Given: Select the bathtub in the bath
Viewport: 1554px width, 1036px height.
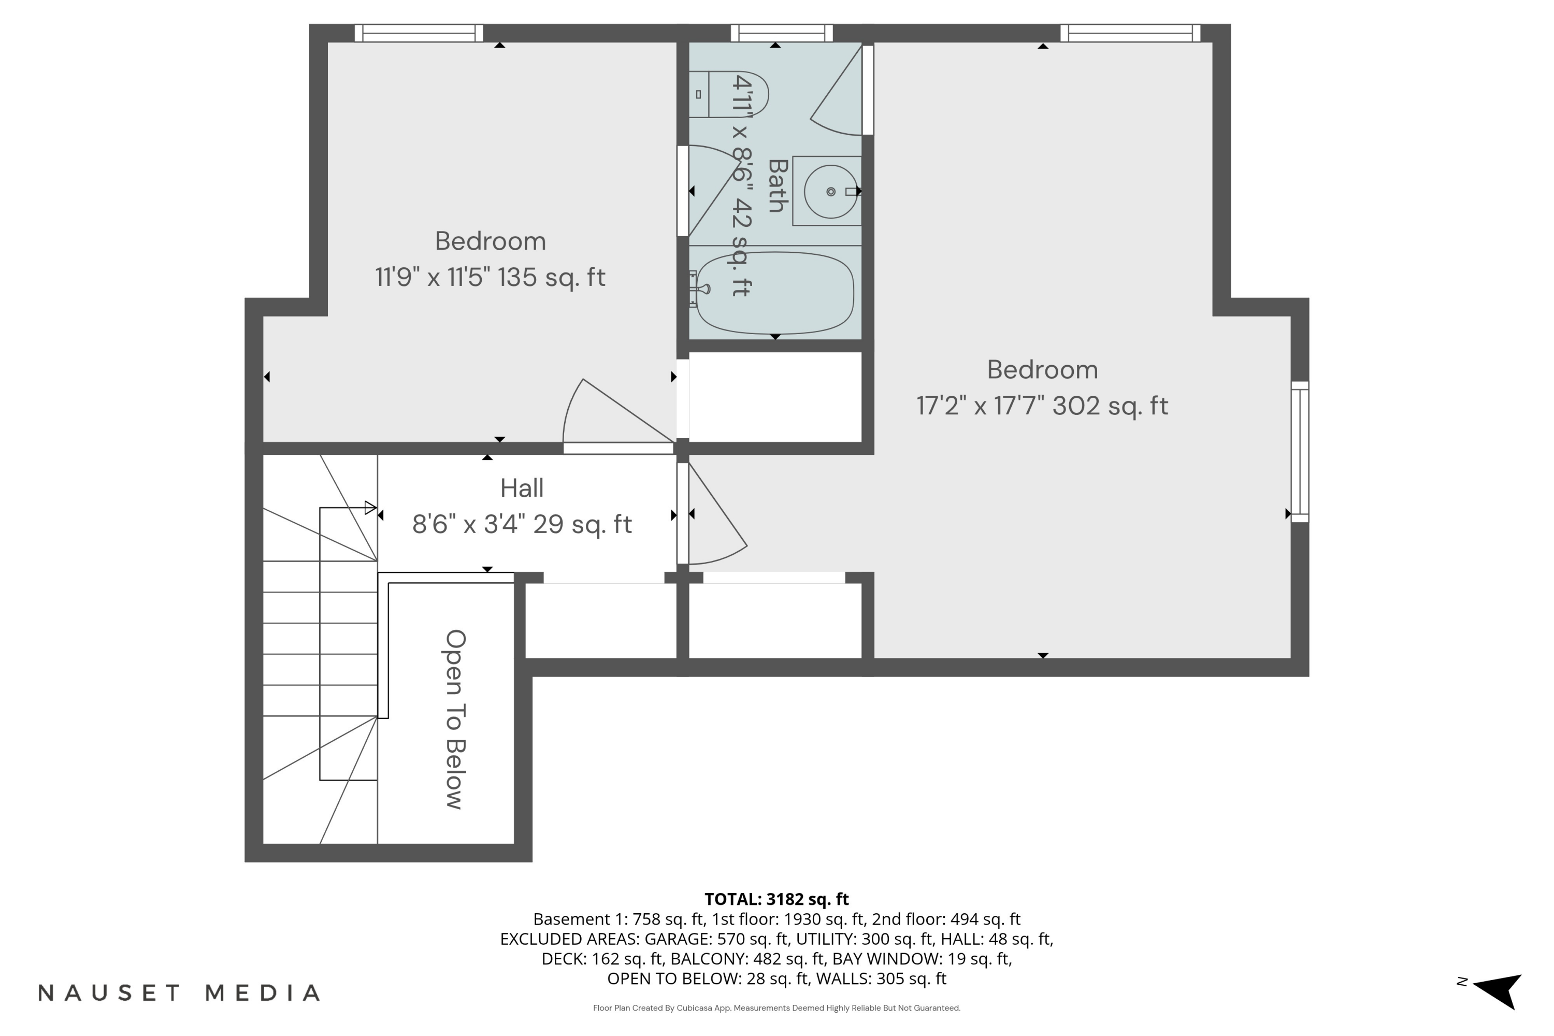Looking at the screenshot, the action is [x=775, y=293].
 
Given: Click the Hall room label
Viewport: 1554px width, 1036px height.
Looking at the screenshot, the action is [x=522, y=488].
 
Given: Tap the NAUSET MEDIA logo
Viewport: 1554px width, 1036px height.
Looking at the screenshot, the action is [x=179, y=992].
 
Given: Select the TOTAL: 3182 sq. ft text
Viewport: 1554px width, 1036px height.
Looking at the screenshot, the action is [x=776, y=899].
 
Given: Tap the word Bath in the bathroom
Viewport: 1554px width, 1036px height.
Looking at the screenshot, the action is [x=778, y=185].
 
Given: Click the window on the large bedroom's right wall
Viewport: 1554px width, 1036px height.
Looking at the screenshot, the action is [x=1300, y=451].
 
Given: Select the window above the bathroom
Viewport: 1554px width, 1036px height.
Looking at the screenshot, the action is [x=782, y=33].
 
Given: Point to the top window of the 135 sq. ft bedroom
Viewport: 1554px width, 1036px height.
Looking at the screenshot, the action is [x=419, y=33].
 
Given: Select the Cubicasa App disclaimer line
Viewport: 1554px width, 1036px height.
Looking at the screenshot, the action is [x=776, y=1008].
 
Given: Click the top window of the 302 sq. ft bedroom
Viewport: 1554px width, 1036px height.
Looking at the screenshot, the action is [x=1130, y=33].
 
